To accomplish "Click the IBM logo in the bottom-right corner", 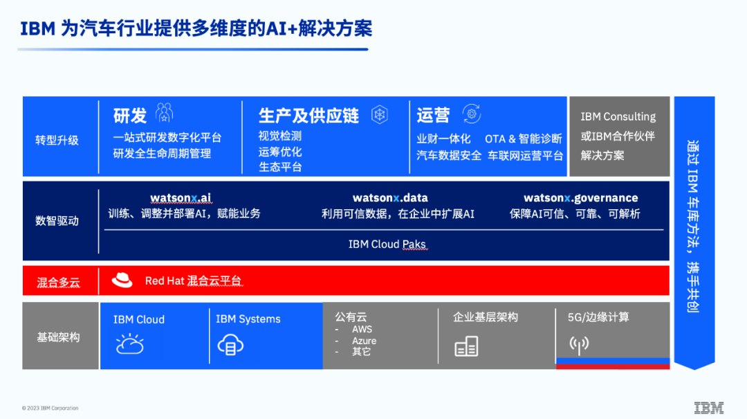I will click(x=709, y=407).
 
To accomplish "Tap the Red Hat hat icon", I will click(x=122, y=280).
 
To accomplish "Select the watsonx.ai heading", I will click(x=181, y=199).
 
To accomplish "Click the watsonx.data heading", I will click(x=390, y=199).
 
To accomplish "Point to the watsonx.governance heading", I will click(x=581, y=199).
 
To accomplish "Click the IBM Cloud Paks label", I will click(x=387, y=244).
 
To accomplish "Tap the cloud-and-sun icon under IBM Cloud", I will click(x=130, y=344).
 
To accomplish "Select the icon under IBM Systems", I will click(x=230, y=345).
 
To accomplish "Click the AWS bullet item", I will click(x=362, y=330).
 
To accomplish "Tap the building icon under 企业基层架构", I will click(x=466, y=346).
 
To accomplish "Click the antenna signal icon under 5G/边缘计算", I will click(x=579, y=343).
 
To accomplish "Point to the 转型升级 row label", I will click(x=57, y=140).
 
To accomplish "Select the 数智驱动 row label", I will click(x=57, y=221).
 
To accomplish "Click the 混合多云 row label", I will click(x=58, y=282).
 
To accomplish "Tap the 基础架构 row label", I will click(x=58, y=337).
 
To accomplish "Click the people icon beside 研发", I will click(x=165, y=114).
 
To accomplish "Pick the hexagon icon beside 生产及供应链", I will click(x=380, y=115).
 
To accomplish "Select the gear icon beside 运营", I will click(x=472, y=114).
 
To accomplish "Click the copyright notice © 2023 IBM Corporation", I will click(x=50, y=409).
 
